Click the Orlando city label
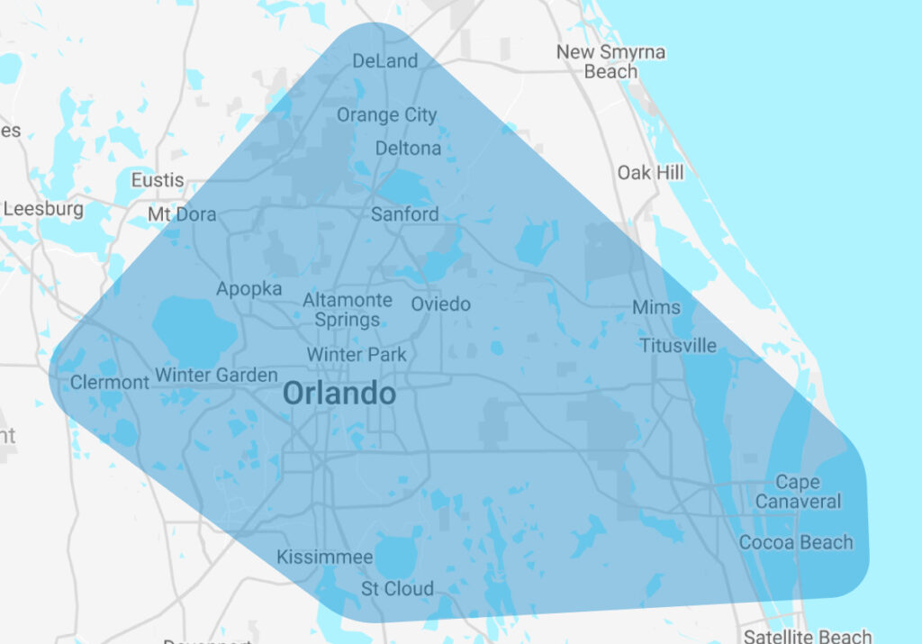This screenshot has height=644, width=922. pyautogui.click(x=339, y=394)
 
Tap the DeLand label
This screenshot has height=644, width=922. pyautogui.click(x=385, y=61)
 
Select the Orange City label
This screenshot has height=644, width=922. pyautogui.click(x=386, y=114)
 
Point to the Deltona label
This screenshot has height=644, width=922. pyautogui.click(x=408, y=148)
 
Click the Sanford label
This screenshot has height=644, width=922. pyautogui.click(x=405, y=214)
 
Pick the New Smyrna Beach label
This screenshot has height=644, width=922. pyautogui.click(x=610, y=61)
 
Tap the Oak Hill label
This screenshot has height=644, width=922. pyautogui.click(x=650, y=172)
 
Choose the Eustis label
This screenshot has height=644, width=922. pyautogui.click(x=158, y=180)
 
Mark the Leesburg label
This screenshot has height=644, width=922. pyautogui.click(x=43, y=209)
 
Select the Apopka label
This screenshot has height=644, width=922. pyautogui.click(x=249, y=289)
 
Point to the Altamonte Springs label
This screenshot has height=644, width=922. pyautogui.click(x=348, y=309)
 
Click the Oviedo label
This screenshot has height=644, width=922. pyautogui.click(x=440, y=304)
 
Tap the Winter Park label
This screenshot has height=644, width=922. pyautogui.click(x=357, y=354)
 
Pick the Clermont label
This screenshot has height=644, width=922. pyautogui.click(x=110, y=382)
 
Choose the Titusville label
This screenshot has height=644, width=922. pyautogui.click(x=678, y=345)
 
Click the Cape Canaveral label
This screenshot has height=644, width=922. pyautogui.click(x=798, y=492)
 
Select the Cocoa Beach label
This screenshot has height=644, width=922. pyautogui.click(x=795, y=542)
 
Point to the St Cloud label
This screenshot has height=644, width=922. pyautogui.click(x=397, y=589)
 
